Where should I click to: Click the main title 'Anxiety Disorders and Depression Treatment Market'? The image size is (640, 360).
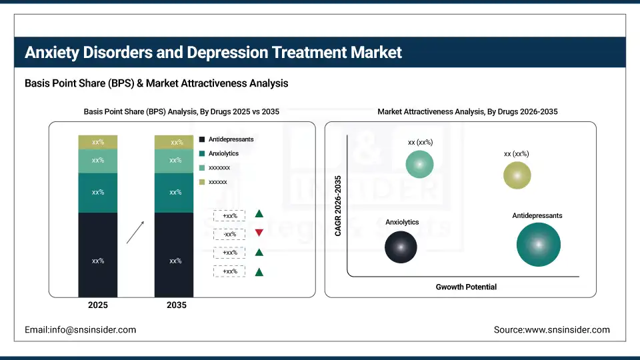(x=213, y=53)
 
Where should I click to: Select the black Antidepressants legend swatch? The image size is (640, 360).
(x=202, y=139)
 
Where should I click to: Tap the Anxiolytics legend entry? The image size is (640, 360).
(x=223, y=153)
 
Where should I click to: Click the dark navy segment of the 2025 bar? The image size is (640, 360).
(x=98, y=255)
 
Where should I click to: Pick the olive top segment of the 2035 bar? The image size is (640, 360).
(x=174, y=142)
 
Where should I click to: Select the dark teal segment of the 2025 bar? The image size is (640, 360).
(x=98, y=193)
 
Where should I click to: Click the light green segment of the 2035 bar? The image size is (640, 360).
(x=174, y=161)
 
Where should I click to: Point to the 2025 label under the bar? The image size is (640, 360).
(x=98, y=305)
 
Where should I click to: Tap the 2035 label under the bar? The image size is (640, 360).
(x=176, y=305)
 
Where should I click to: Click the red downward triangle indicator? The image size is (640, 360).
(x=259, y=233)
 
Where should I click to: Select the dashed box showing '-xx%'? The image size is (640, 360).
(x=230, y=234)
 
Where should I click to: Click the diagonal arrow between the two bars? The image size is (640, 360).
(x=135, y=232)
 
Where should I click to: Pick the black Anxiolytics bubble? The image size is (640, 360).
(x=401, y=247)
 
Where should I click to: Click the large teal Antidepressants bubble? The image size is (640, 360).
(x=538, y=245)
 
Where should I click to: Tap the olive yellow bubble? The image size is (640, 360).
(x=517, y=175)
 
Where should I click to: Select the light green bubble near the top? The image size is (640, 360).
(x=419, y=164)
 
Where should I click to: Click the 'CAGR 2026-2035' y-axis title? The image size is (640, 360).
(x=338, y=206)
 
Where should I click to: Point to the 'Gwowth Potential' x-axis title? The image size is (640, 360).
(x=466, y=287)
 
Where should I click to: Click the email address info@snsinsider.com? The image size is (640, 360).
(x=81, y=330)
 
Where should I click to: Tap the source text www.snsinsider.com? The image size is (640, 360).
(x=551, y=330)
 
